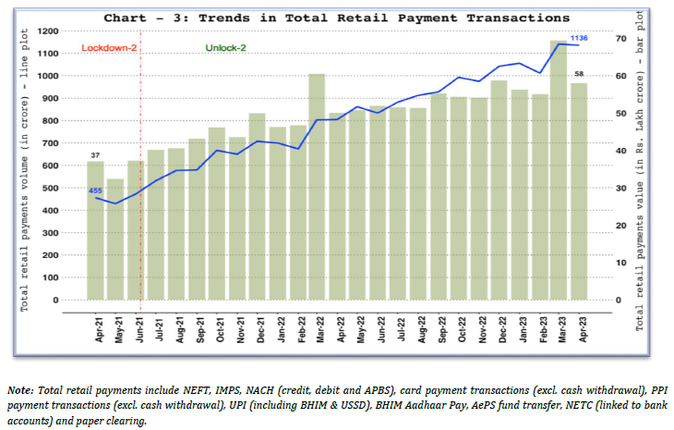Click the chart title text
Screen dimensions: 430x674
point(336,18)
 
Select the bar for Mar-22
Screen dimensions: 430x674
point(317,185)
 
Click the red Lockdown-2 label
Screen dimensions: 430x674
point(108,47)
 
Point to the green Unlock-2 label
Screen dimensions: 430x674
point(225,47)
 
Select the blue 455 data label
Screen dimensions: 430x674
point(95,190)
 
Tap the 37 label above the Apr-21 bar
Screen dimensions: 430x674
point(95,154)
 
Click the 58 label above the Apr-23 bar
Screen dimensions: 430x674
point(579,74)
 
